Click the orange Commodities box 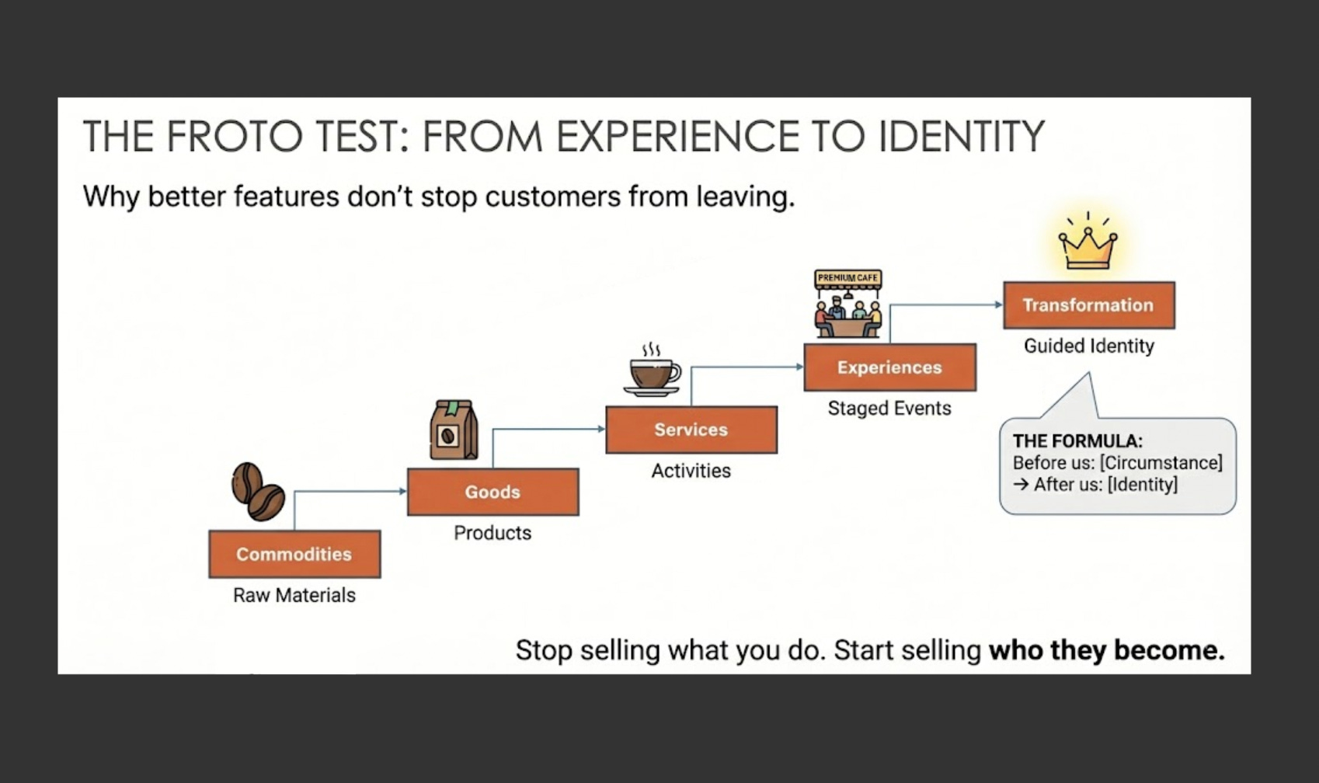(x=294, y=554)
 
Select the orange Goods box (x=492, y=492)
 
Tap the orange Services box (x=691, y=430)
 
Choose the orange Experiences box (x=889, y=367)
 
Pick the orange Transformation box (x=1088, y=305)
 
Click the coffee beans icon (x=258, y=491)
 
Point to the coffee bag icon (x=454, y=430)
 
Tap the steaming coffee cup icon (x=653, y=371)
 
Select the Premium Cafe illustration (x=847, y=304)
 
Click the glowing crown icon (x=1088, y=243)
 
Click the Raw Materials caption (x=294, y=595)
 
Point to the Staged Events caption (x=889, y=409)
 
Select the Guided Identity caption (x=1088, y=346)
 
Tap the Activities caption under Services (x=691, y=471)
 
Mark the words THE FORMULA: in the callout (x=1077, y=441)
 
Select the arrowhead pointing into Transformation (x=999, y=304)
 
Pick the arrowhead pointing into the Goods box (x=402, y=491)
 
